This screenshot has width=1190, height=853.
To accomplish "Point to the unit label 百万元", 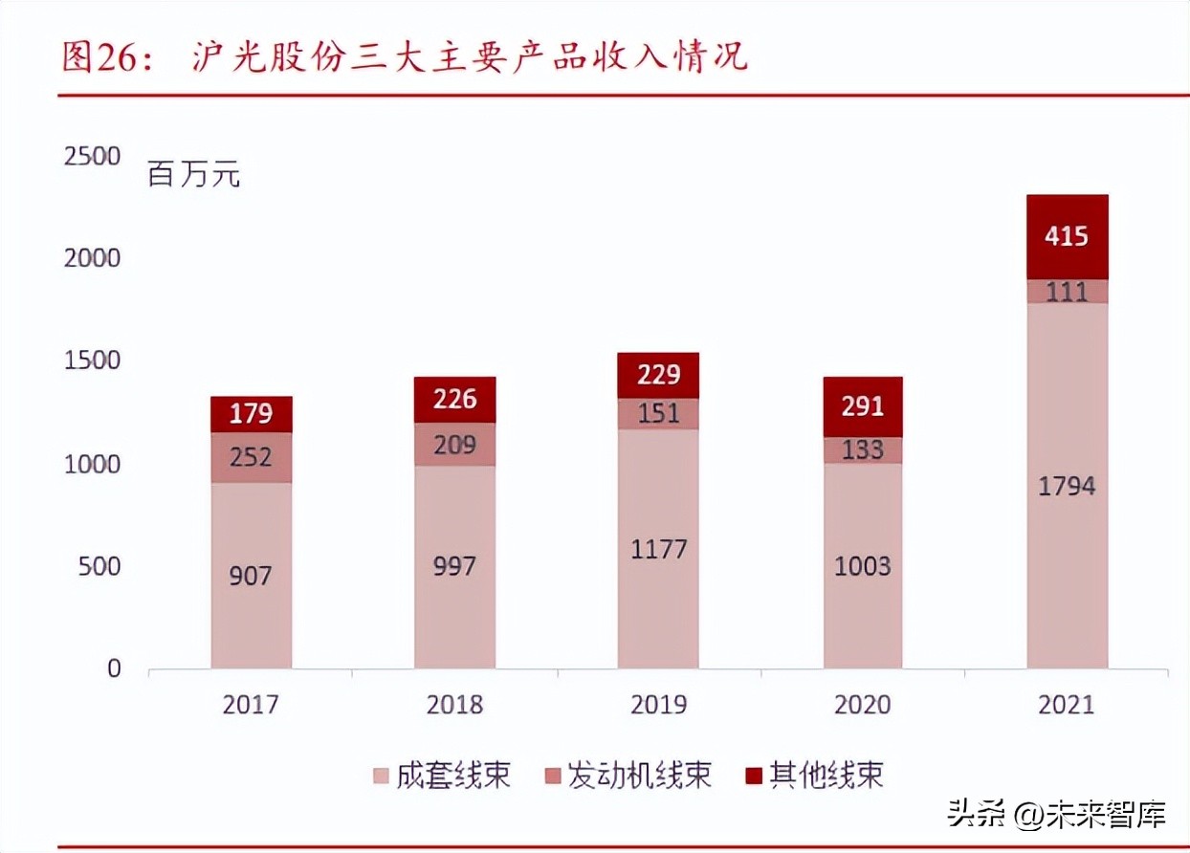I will click(x=194, y=175).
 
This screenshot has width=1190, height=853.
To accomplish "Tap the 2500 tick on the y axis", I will click(x=92, y=156).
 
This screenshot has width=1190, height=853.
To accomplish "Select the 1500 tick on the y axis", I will click(x=92, y=361).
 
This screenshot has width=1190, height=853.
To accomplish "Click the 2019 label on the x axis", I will click(x=658, y=705).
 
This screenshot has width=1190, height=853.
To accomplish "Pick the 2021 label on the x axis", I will click(x=1067, y=705).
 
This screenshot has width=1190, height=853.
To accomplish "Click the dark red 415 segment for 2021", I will click(x=1067, y=236).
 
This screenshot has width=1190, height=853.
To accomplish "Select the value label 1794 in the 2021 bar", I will click(x=1067, y=486).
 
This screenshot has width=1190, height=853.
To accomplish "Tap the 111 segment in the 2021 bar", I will click(x=1067, y=291).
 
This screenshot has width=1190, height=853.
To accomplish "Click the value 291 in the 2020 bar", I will click(x=863, y=406).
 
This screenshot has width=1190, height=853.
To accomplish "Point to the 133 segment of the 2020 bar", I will click(x=863, y=449).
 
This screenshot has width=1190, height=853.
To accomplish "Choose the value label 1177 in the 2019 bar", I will click(x=658, y=550).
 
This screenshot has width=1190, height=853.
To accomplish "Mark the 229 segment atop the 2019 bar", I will click(x=658, y=375).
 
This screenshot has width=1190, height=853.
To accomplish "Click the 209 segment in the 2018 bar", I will click(x=454, y=444).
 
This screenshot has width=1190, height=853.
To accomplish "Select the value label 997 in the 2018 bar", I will click(x=454, y=566).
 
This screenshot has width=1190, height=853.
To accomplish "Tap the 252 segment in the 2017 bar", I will click(x=251, y=457).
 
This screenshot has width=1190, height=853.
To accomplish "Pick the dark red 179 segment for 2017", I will click(x=251, y=414).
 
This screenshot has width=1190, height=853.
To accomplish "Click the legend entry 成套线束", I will click(x=441, y=774).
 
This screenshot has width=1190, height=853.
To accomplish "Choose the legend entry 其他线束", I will click(x=812, y=774).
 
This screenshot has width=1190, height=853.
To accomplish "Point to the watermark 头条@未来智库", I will click(x=1056, y=815).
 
